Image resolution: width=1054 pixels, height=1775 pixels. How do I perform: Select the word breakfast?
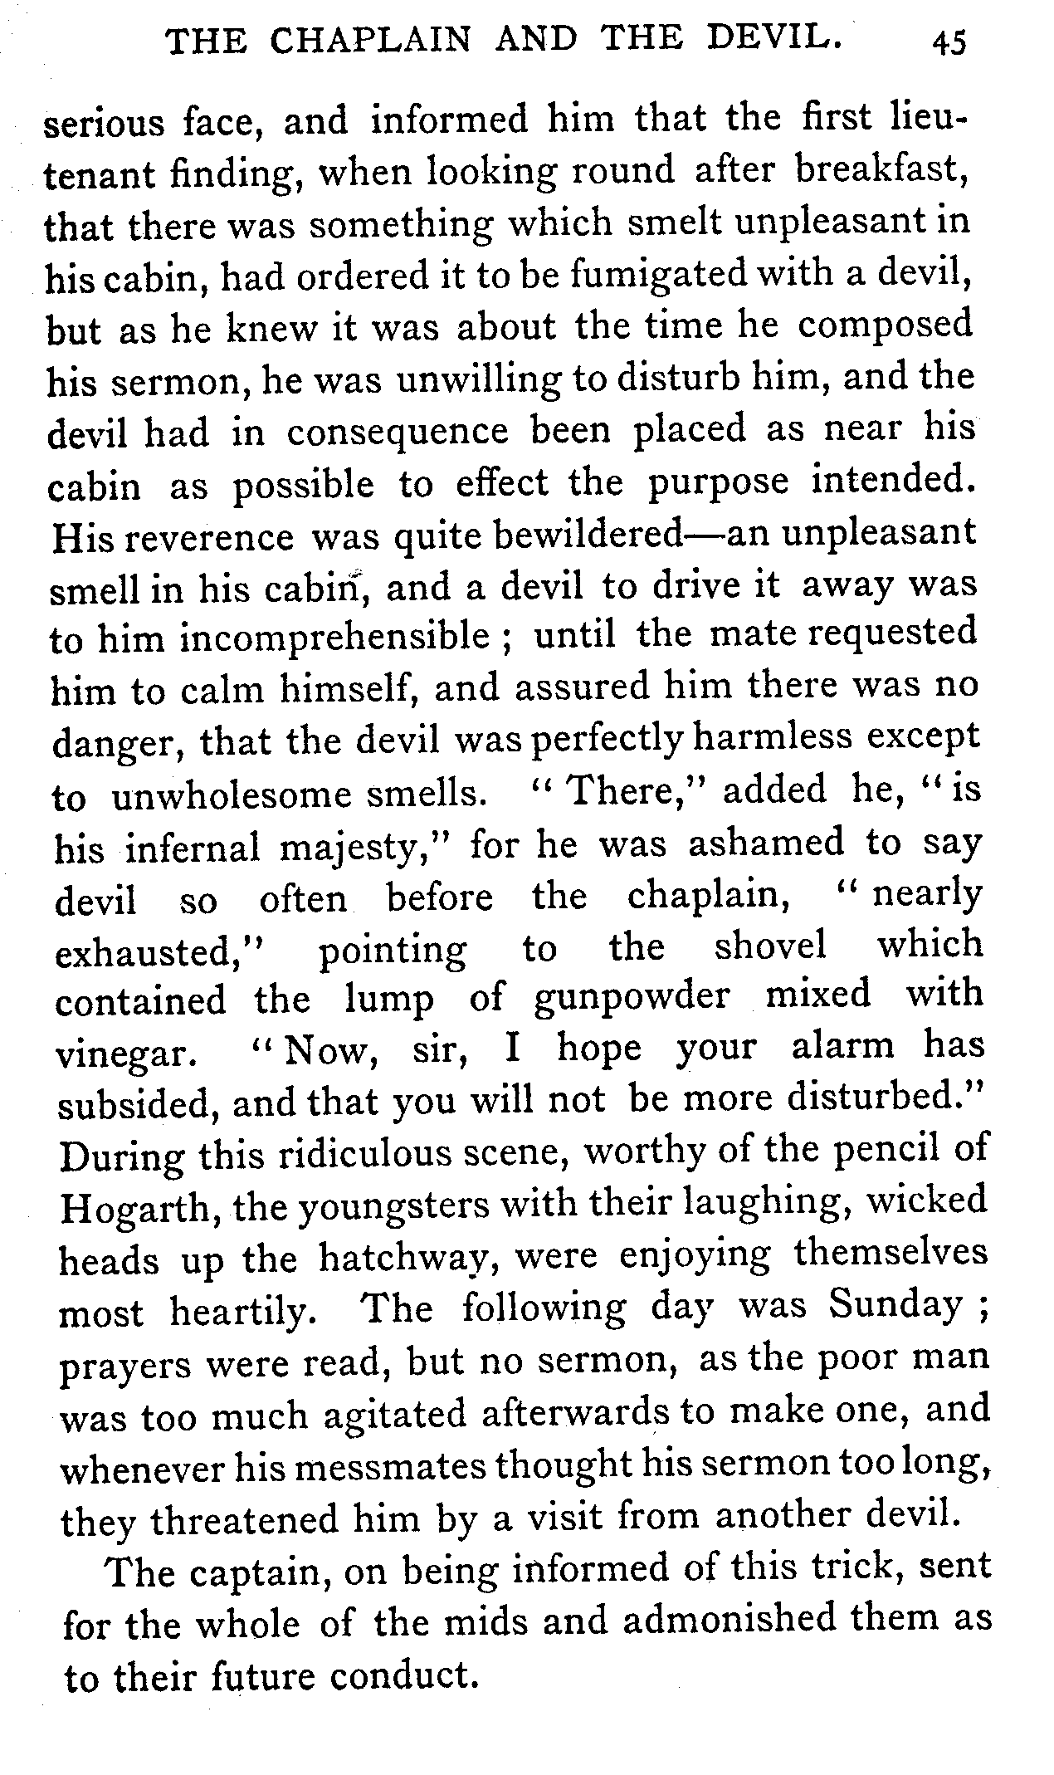click(882, 170)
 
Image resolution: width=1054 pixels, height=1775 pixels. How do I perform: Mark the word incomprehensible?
click(334, 638)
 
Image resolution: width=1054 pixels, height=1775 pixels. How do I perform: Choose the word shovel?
click(770, 946)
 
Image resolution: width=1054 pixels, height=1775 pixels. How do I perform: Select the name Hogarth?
click(139, 1209)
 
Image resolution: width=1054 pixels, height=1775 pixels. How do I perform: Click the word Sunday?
click(895, 1308)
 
